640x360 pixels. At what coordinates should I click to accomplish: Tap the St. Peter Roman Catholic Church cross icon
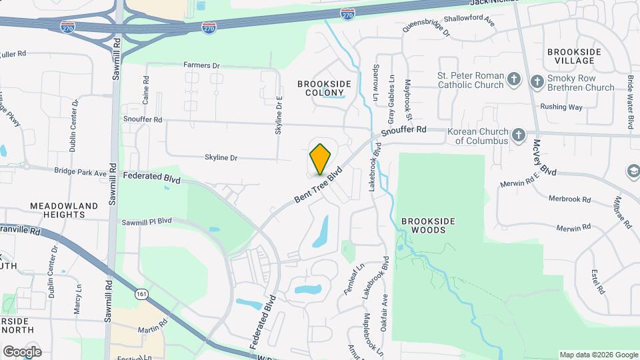pos(513,80)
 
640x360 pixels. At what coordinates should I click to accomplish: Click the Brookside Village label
pos(574,56)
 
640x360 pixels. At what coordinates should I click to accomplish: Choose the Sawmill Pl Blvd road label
pos(147,221)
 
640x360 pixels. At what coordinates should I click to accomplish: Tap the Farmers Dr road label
pos(201,66)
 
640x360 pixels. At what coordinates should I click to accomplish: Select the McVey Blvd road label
pos(544,157)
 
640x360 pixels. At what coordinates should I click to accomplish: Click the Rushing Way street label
pos(561,107)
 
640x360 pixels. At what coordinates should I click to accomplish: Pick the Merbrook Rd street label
pos(569,199)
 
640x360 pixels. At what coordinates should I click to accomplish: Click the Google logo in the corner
pos(21,351)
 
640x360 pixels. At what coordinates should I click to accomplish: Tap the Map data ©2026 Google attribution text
pos(598,355)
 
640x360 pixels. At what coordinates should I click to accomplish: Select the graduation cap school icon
pos(631,172)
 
